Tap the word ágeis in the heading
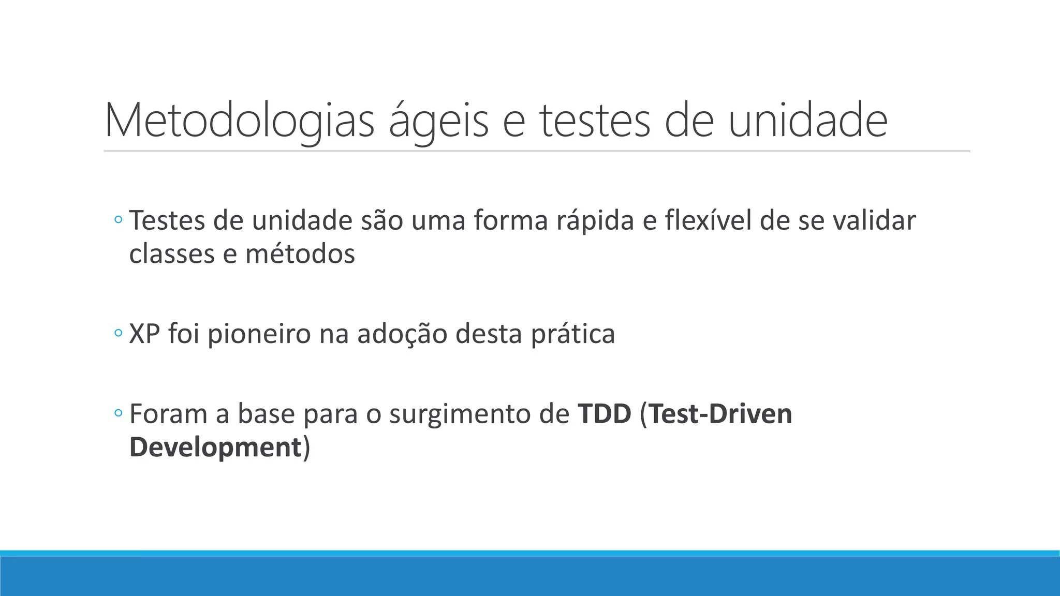coord(438,121)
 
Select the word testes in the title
coord(595,121)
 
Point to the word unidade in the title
coord(808,121)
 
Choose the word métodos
coord(300,254)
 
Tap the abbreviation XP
coord(144,334)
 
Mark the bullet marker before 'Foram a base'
coord(118,413)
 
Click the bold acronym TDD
coord(605,414)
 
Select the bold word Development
coord(215,447)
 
